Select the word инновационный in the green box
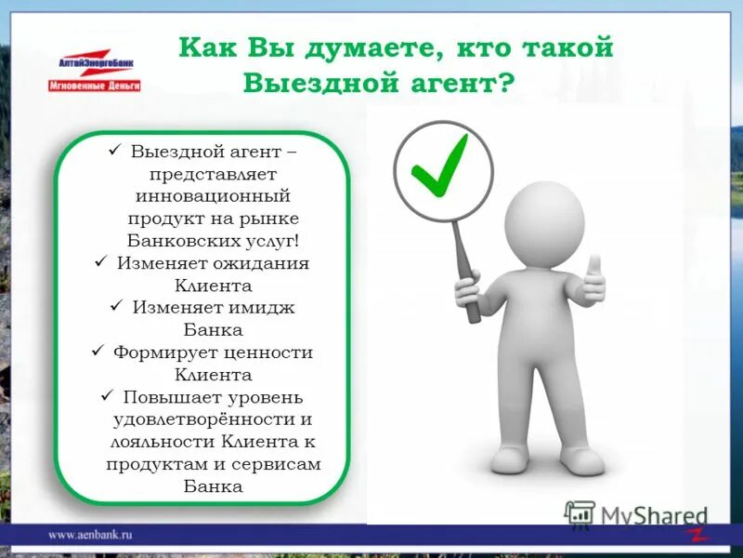[x=214, y=196]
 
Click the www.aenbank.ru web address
[x=91, y=535]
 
